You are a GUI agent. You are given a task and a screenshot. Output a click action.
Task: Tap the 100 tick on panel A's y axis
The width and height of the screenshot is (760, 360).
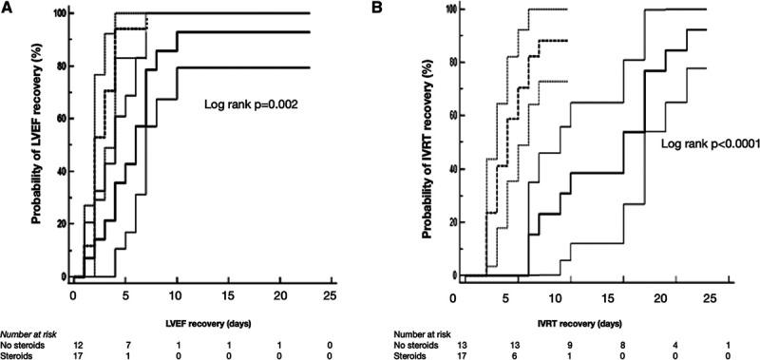click(x=60, y=14)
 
